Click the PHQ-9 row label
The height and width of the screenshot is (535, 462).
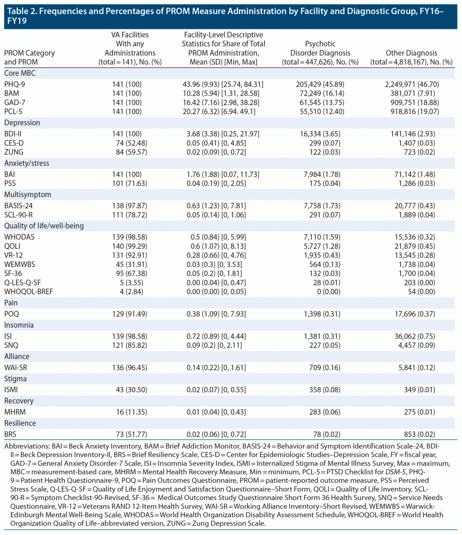(x=15, y=84)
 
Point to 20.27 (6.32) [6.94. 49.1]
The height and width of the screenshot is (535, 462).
(x=221, y=111)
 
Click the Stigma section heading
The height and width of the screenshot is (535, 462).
(x=15, y=378)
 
